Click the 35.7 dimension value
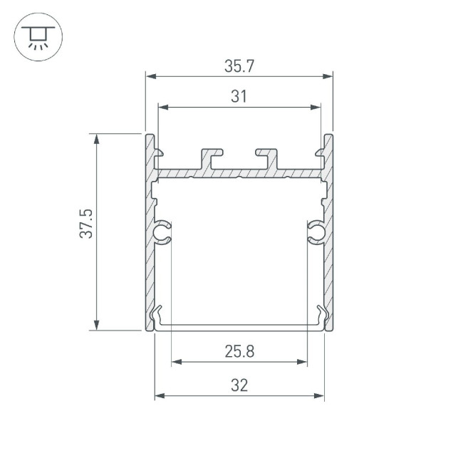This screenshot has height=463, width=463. click(239, 66)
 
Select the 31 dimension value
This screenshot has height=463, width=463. click(239, 98)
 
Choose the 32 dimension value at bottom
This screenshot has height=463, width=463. click(239, 385)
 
